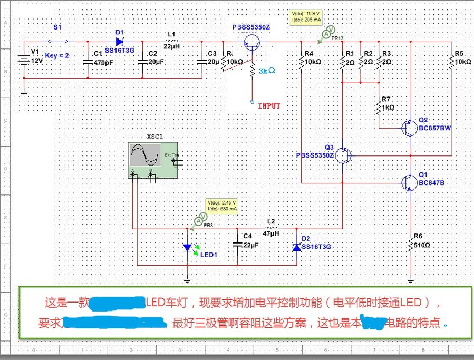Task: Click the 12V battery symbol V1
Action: [24, 60]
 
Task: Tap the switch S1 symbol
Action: [58, 41]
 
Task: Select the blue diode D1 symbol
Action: [119, 41]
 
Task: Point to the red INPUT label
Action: [269, 106]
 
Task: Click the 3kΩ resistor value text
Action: [267, 70]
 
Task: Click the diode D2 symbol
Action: [296, 247]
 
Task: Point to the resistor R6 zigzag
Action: [411, 244]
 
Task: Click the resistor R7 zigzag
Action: [379, 107]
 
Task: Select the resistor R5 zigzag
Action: [452, 62]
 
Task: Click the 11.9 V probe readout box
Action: [306, 16]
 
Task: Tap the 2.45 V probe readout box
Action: [223, 206]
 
